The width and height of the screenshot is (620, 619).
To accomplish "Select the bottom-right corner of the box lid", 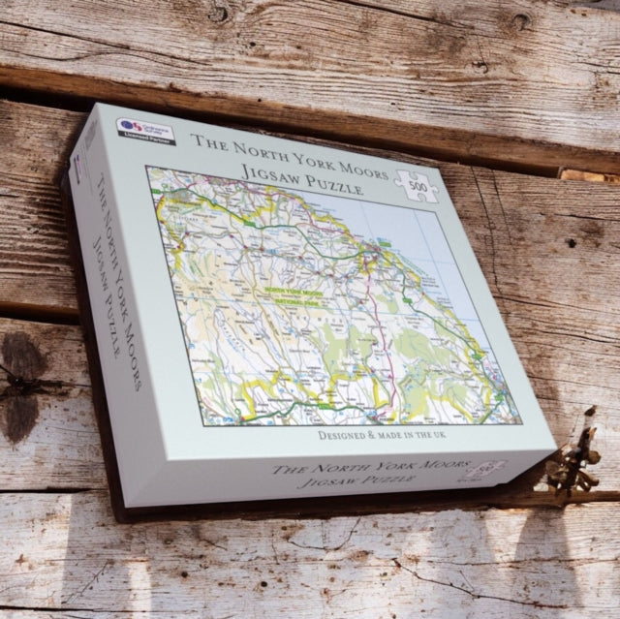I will pos(554,448).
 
